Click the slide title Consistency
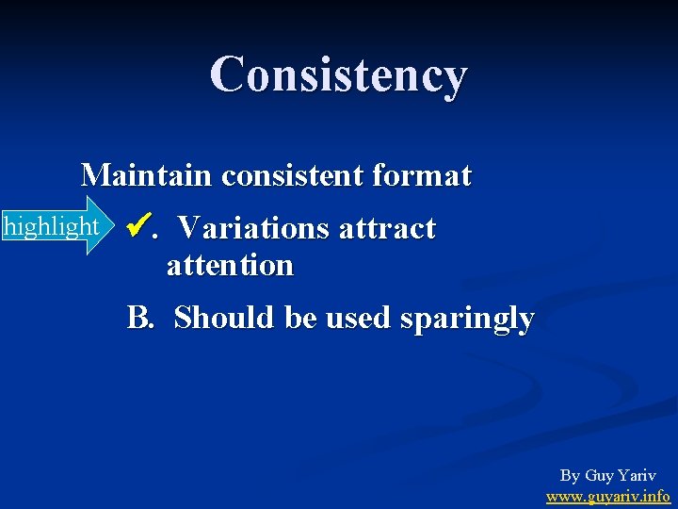338,74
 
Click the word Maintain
148,175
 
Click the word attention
230,266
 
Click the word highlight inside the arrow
51,227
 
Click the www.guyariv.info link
607,496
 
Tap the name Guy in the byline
599,476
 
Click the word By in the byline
570,476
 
